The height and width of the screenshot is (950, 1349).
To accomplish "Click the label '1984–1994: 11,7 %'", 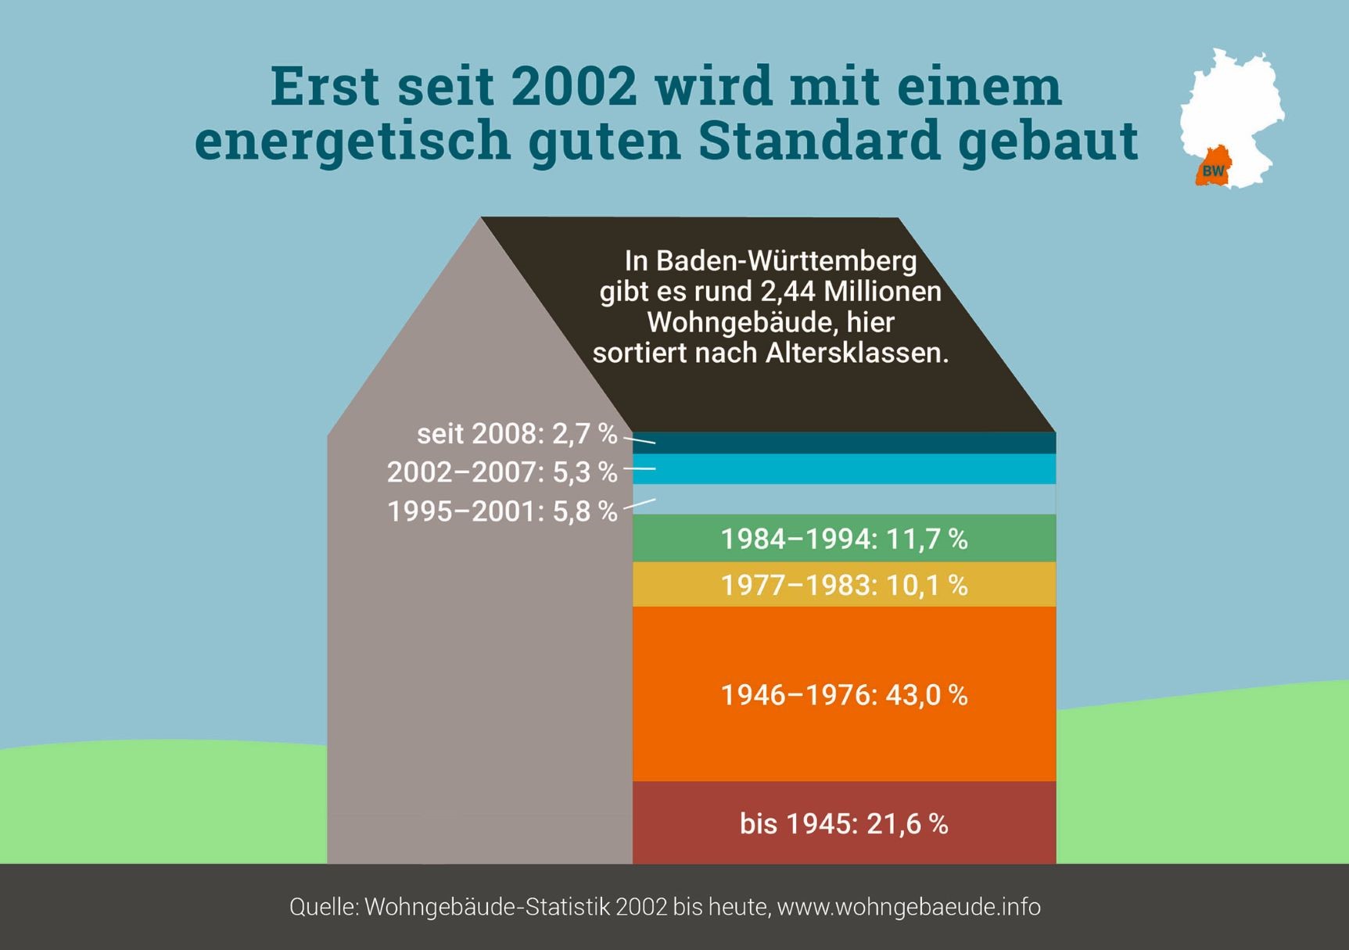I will pos(844,539).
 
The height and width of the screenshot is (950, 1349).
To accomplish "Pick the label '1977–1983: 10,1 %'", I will pos(844,585).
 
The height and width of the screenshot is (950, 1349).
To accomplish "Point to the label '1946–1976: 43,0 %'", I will pos(844,694).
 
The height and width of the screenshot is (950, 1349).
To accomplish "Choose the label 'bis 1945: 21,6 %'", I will pos(844,823).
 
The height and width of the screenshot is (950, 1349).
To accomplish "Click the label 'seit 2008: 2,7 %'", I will pos(517,434).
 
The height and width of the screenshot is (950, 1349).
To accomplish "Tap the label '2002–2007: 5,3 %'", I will pos(502,472).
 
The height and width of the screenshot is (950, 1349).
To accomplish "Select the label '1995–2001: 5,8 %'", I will pos(502,511).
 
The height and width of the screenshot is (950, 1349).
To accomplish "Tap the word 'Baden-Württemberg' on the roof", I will pos(786,260).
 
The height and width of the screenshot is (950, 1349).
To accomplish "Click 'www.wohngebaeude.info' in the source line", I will pos(909,907).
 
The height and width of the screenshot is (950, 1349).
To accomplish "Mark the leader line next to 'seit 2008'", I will pos(640,440).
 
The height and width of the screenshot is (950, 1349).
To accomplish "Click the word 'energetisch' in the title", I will pos(352,141).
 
